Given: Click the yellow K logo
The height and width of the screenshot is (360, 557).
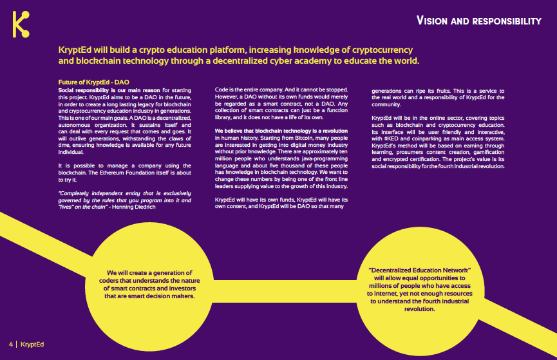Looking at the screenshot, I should click(x=22, y=24).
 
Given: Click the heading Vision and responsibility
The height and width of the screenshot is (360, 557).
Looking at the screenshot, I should click(x=479, y=21).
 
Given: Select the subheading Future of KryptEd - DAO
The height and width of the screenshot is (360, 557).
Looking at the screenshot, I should click(x=94, y=82).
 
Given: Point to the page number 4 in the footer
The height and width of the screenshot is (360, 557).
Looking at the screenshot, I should click(x=10, y=343).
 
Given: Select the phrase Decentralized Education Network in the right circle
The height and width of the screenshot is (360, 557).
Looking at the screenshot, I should click(x=420, y=269).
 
